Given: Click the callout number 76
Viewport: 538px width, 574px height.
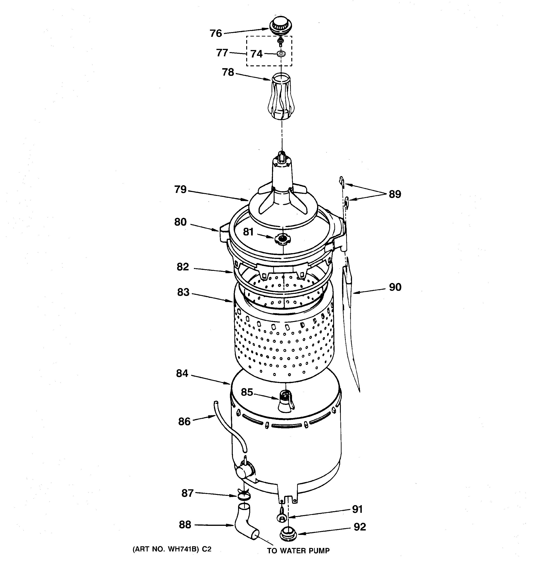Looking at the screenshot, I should (216, 34).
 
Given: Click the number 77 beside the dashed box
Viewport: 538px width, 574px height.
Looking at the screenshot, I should (222, 53).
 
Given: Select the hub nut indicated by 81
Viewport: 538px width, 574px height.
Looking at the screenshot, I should (283, 238).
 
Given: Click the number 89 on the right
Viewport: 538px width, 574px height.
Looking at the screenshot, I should (395, 194).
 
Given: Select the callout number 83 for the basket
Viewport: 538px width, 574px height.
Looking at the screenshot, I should (183, 292).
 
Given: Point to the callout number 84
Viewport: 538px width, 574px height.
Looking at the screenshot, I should (182, 374).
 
